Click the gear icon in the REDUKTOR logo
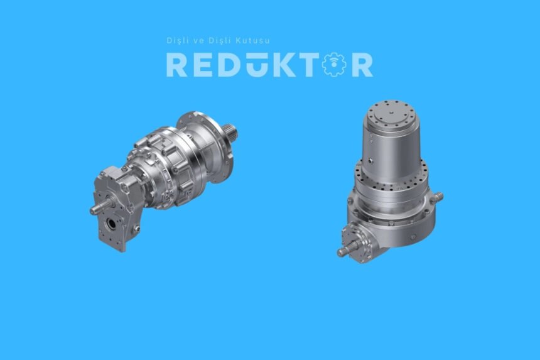(x=333, y=65)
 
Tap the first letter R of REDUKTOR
(x=176, y=65)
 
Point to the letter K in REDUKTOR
(x=284, y=65)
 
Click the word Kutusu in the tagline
(x=253, y=41)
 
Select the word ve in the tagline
(x=200, y=41)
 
